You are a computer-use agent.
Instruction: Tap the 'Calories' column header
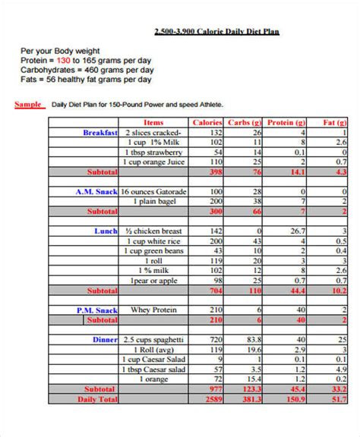207,121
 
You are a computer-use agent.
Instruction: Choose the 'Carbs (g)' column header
246,121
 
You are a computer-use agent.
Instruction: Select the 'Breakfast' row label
100,132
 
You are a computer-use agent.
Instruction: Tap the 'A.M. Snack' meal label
96,192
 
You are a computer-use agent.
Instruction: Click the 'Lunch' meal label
106,231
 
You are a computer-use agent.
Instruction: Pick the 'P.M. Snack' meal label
96,310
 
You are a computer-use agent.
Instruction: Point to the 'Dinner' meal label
105,339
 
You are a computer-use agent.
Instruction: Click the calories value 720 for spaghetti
216,339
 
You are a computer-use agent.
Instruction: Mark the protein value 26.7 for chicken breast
298,231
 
